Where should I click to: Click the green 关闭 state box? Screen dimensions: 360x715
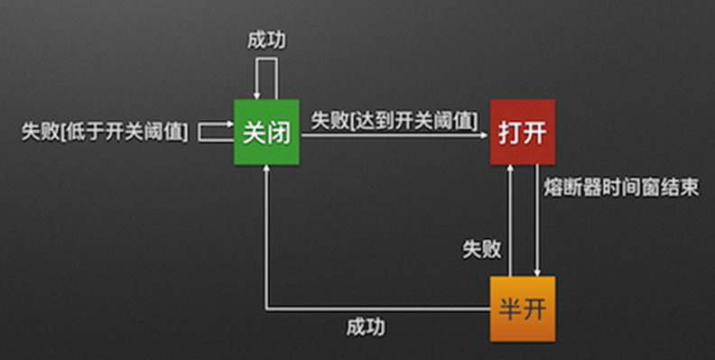(266, 133)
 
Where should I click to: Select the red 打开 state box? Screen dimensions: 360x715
(522, 133)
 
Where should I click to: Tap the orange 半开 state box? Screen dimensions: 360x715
(522, 309)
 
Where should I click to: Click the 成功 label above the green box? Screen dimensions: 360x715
(267, 41)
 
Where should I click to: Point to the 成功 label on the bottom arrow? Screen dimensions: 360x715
(366, 327)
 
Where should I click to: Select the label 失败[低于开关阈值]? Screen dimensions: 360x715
(105, 132)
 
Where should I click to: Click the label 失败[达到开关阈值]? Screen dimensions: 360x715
(394, 120)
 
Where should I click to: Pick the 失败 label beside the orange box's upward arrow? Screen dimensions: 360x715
(481, 249)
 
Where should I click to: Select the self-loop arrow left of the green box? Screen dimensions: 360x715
(215, 132)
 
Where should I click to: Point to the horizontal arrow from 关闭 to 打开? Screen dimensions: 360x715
(394, 135)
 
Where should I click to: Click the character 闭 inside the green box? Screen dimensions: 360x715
(279, 133)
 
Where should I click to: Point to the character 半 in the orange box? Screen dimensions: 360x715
(510, 309)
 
